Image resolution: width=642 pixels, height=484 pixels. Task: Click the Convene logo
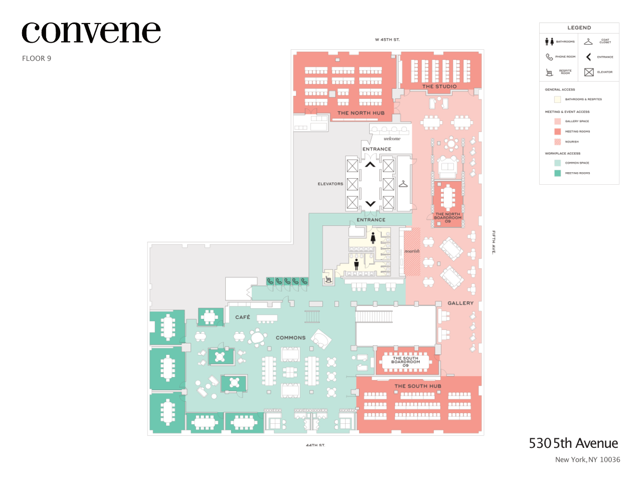pyautogui.click(x=91, y=33)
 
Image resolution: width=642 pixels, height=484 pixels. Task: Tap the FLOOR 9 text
pyautogui.click(x=37, y=58)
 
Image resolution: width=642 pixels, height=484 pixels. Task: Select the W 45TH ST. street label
pyautogui.click(x=387, y=39)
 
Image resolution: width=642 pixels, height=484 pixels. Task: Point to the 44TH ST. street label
pyautogui.click(x=315, y=445)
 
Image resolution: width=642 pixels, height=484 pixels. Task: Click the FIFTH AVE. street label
pyautogui.click(x=494, y=242)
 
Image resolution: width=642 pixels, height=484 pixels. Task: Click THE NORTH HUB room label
pyautogui.click(x=361, y=113)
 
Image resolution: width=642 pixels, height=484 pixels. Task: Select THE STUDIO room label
pyautogui.click(x=439, y=86)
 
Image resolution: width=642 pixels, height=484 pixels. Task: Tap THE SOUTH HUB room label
pyautogui.click(x=418, y=386)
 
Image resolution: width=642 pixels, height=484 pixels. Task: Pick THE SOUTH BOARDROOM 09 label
pyautogui.click(x=405, y=361)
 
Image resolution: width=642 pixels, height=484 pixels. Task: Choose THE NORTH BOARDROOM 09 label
pyautogui.click(x=447, y=217)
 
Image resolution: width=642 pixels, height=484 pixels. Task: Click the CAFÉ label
pyautogui.click(x=243, y=317)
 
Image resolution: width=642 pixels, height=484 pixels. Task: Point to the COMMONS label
pyautogui.click(x=290, y=338)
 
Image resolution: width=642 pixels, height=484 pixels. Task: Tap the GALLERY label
pyautogui.click(x=460, y=303)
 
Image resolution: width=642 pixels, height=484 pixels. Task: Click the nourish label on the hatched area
pyautogui.click(x=412, y=251)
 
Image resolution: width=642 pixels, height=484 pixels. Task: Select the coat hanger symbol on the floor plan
pyautogui.click(x=403, y=184)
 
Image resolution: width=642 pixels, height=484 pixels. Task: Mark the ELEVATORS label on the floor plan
pyautogui.click(x=330, y=184)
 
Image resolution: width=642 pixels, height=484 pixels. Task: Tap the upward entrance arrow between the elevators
pyautogui.click(x=370, y=164)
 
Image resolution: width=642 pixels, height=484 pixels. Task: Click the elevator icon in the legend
pyautogui.click(x=589, y=72)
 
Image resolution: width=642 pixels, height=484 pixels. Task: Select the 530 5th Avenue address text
pyautogui.click(x=573, y=443)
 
